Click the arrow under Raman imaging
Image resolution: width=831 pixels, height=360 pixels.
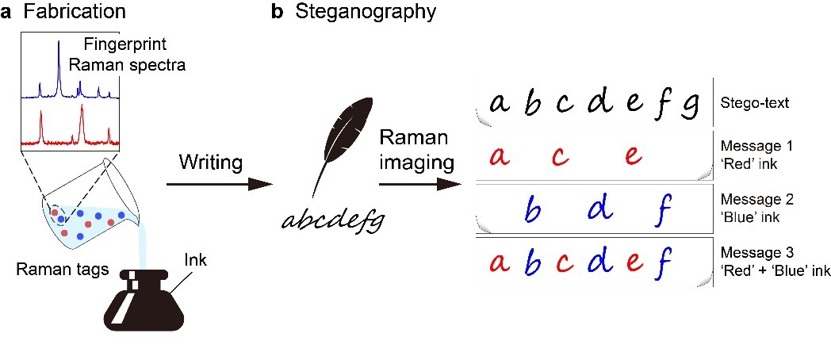pos(421,184)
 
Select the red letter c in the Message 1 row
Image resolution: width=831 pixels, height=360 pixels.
pos(560,156)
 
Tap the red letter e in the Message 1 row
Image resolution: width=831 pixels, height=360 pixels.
pos(632,155)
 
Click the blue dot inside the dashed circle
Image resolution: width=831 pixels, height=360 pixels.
pos(60,220)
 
